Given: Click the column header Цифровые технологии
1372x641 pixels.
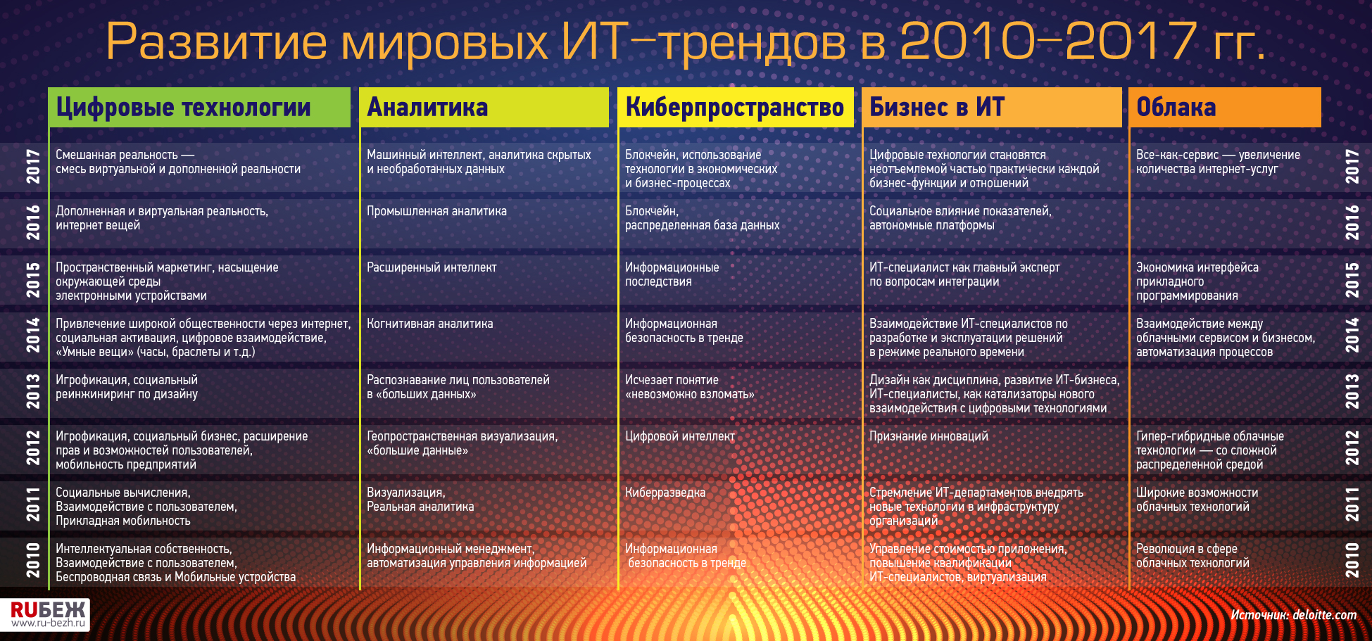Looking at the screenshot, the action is pyautogui.click(x=183, y=107).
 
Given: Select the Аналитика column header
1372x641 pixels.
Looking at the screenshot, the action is pyautogui.click(x=427, y=107).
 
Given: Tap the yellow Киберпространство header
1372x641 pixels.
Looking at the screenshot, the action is pyautogui.click(x=734, y=107).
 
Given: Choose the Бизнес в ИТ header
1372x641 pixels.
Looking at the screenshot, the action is pyautogui.click(x=936, y=107).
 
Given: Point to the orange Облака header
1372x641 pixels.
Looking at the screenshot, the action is pyautogui.click(x=1176, y=107).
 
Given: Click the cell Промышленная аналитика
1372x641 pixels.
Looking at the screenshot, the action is pyautogui.click(x=436, y=211).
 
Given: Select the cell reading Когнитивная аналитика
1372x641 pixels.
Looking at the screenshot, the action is pyautogui.click(x=429, y=324).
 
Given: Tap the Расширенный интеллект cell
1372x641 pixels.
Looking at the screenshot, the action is pyautogui.click(x=432, y=267).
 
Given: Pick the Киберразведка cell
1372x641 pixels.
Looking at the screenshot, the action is pyautogui.click(x=665, y=493).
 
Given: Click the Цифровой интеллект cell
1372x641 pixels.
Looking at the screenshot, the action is pyautogui.click(x=680, y=436).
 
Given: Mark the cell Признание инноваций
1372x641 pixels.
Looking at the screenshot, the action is pyautogui.click(x=929, y=436).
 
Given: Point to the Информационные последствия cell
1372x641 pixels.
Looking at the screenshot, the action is pyautogui.click(x=672, y=274).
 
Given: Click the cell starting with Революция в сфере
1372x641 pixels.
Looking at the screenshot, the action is pyautogui.click(x=1192, y=556).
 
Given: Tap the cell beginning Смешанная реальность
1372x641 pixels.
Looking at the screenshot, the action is pyautogui.click(x=178, y=162).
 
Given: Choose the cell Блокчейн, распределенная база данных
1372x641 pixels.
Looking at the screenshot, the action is pyautogui.click(x=703, y=218).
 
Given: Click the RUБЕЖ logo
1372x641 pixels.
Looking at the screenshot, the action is pyautogui.click(x=48, y=614).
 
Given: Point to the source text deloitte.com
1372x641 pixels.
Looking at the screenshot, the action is pyautogui.click(x=1325, y=614).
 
